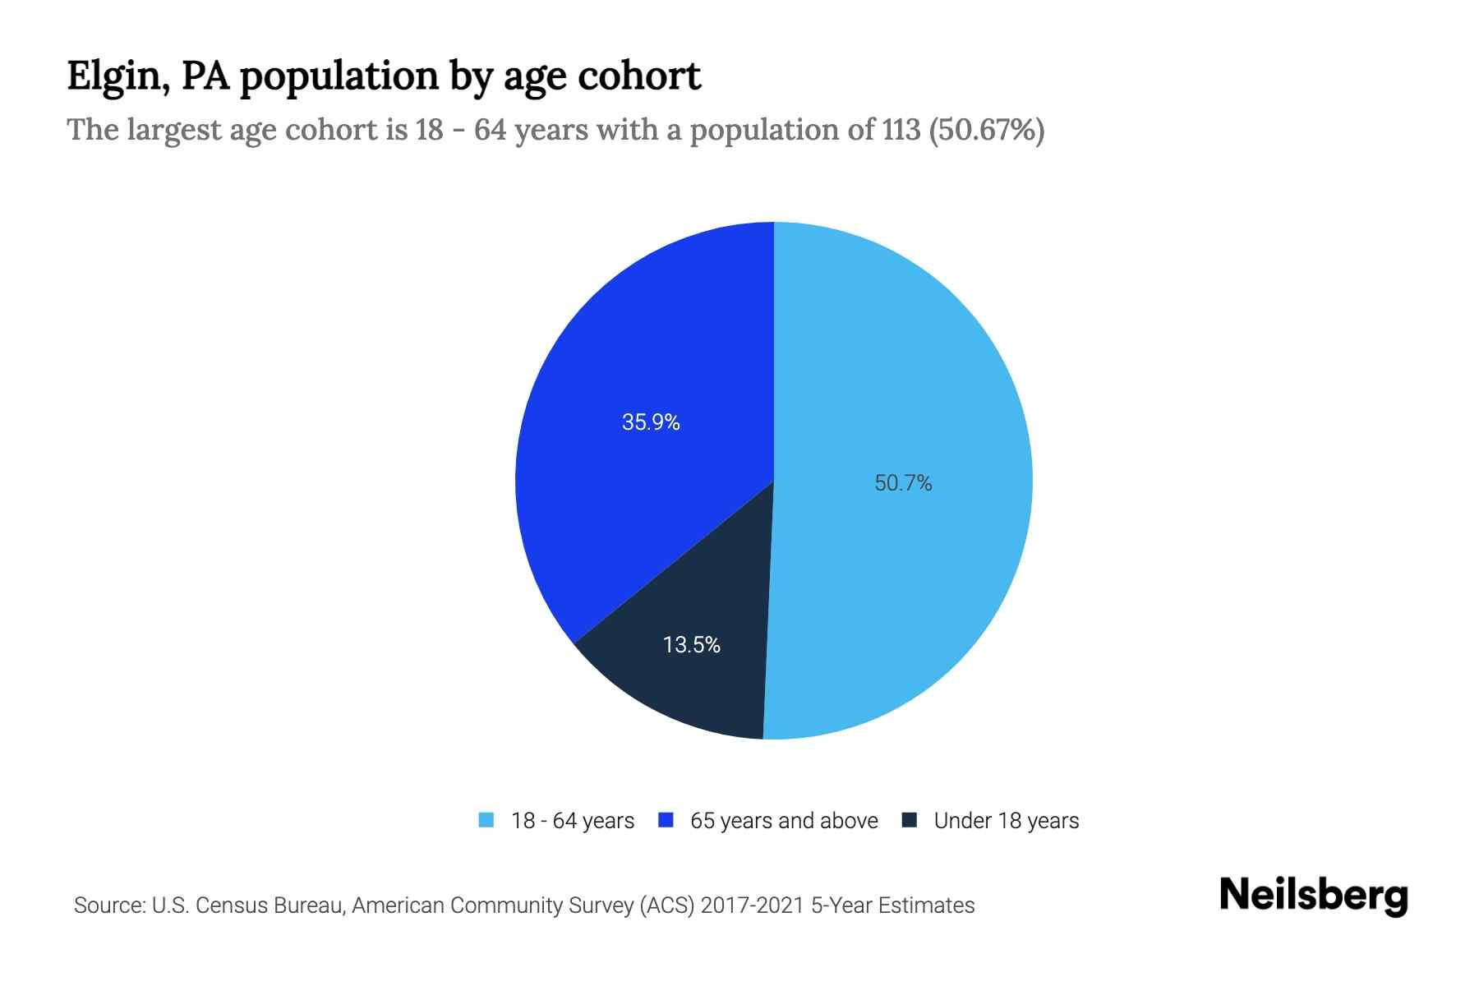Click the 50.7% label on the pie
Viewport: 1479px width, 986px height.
903,483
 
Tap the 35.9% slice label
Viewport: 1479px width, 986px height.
651,422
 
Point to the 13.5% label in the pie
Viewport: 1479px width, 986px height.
691,645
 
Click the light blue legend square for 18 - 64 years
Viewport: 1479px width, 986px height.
486,820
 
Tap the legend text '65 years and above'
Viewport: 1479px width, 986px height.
784,821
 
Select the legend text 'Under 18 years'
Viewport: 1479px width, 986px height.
1006,821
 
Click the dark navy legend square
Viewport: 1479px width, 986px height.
909,820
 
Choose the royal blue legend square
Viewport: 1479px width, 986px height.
666,820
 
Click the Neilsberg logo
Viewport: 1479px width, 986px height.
1313,896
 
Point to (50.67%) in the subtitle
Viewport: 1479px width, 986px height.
986,130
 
